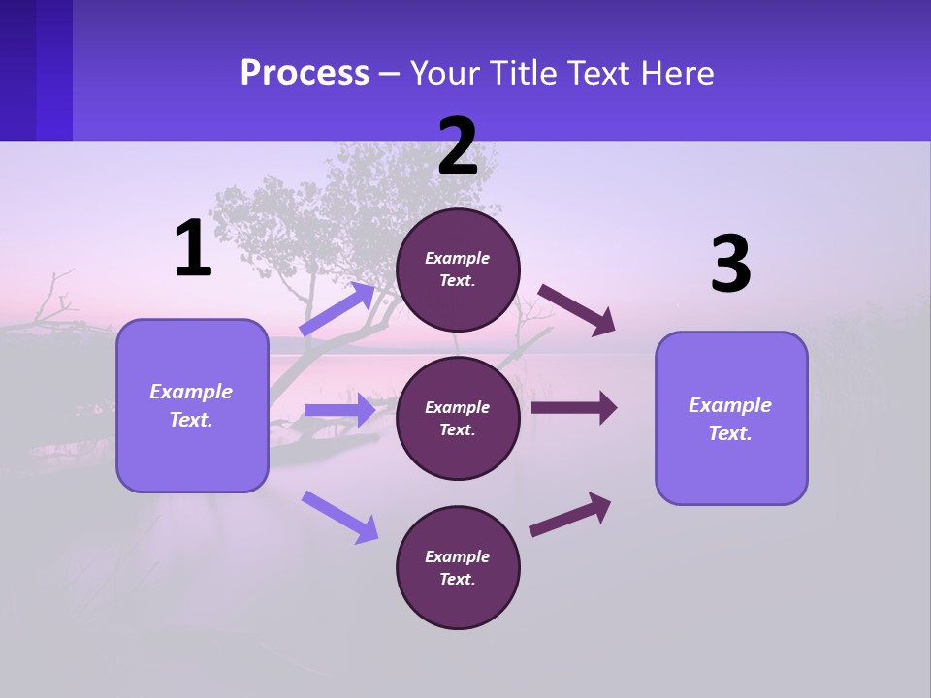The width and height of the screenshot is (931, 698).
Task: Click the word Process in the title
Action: pos(305,74)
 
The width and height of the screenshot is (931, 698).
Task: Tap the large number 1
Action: pos(193,249)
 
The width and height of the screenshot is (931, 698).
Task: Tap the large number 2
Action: pos(458,147)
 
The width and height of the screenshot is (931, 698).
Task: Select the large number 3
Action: pos(730,265)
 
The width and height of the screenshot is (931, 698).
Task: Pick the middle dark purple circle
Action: pos(458,418)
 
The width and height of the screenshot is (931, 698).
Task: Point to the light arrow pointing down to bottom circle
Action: pos(339,516)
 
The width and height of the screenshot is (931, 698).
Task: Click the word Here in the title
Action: pos(676,74)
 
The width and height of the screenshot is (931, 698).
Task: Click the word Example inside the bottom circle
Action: pos(457,556)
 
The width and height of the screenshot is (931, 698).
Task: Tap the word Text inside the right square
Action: pos(728,433)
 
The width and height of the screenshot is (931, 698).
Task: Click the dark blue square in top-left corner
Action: pos(35,70)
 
